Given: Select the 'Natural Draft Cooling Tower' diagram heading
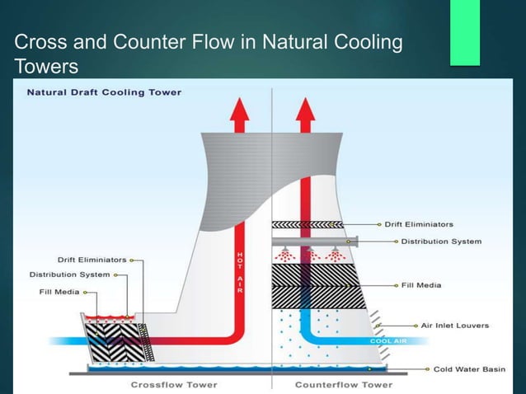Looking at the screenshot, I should (x=105, y=91).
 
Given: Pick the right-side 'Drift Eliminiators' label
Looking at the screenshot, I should (x=418, y=224).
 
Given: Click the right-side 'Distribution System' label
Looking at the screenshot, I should (x=441, y=242).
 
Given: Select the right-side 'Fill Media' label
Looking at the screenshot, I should (x=421, y=285).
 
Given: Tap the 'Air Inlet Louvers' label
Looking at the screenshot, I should (x=454, y=325).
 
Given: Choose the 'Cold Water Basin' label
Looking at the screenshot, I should (x=469, y=369).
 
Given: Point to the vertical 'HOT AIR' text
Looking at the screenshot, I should (x=240, y=272).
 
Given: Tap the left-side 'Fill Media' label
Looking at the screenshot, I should (x=60, y=290).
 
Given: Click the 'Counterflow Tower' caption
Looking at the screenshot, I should (x=344, y=384).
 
